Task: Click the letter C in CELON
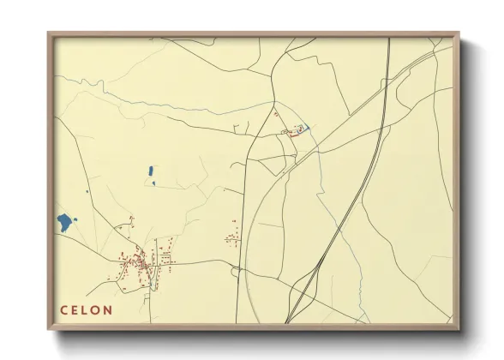63,309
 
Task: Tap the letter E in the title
75,309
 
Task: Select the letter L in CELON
87,309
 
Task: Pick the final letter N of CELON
109,309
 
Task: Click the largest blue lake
64,222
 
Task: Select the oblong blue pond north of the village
151,171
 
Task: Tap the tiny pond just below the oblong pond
153,183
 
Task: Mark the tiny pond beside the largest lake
76,220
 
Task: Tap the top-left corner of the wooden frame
48,33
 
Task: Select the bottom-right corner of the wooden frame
459,329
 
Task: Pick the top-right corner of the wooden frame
459,33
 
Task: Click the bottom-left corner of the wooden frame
48,329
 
